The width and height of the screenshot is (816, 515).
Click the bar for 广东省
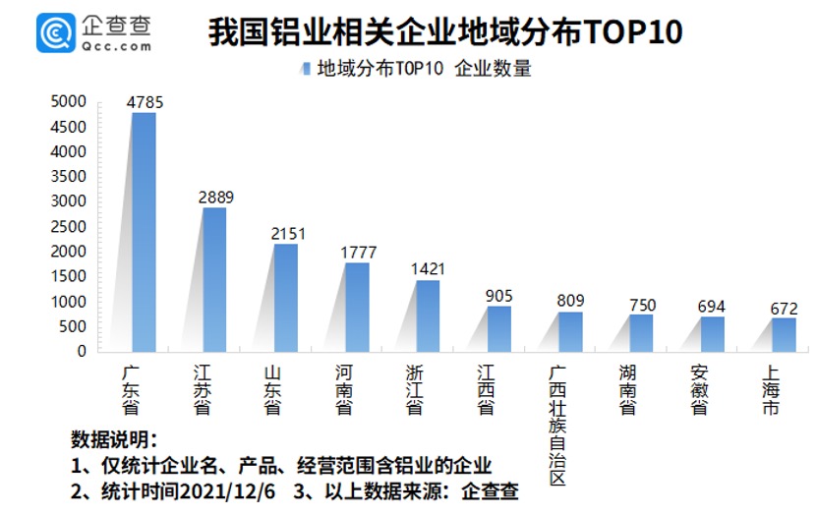coord(144,232)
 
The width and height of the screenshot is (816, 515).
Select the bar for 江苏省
coord(214,279)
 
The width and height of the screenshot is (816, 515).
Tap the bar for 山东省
coord(285,298)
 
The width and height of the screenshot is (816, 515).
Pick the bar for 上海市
coord(784,334)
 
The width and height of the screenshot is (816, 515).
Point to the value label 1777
coord(357,252)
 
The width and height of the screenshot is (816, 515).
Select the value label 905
coord(498,295)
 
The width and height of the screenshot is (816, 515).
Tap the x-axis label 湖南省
coord(628,390)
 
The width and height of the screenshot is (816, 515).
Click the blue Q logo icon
coord(56,32)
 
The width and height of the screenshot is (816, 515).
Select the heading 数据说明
coord(114,438)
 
